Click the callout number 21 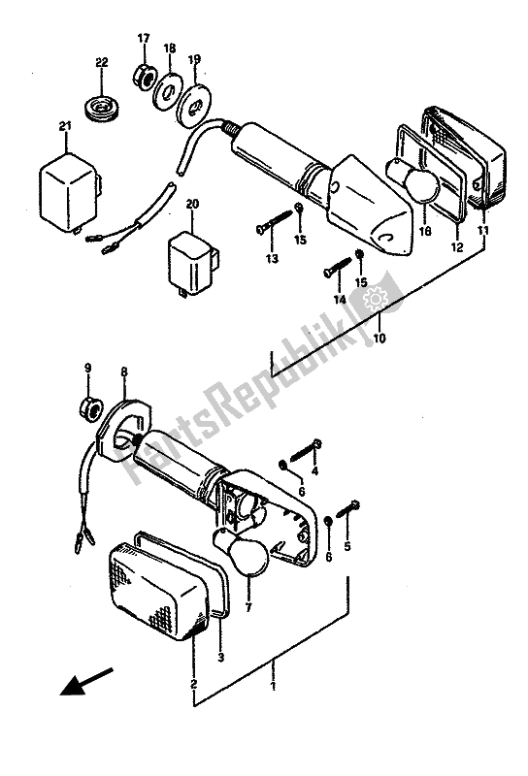(65, 127)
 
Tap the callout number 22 (102, 62)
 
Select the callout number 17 (143, 38)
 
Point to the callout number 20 (193, 204)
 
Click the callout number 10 (379, 339)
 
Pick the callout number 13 (272, 258)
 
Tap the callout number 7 (248, 607)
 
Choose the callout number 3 (221, 658)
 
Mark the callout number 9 (87, 368)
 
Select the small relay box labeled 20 (193, 262)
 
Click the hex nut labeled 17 (143, 76)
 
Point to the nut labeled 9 (89, 407)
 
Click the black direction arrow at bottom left (86, 682)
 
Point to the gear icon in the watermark (375, 299)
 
